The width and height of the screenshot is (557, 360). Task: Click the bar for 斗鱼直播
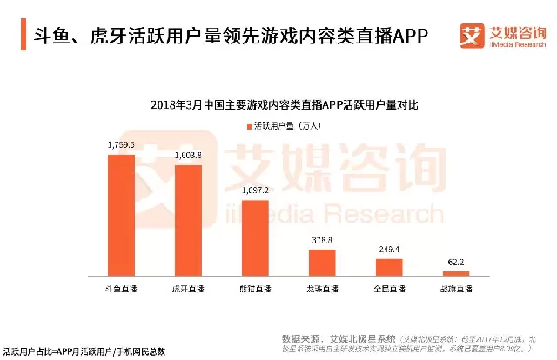coord(121,215)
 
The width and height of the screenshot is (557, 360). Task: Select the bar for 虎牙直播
coord(188,220)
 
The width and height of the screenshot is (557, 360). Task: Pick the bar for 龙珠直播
coord(322,263)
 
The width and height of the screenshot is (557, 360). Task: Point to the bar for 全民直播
coord(389,267)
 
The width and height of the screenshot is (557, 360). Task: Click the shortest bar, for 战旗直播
coord(456,273)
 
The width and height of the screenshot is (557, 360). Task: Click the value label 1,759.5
coord(121,145)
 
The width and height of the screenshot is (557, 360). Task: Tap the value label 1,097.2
coord(255,190)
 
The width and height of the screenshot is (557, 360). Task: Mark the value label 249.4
coord(389,249)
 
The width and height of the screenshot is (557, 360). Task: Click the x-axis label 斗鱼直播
coord(121,286)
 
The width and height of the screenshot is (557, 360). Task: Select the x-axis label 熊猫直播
coord(255,286)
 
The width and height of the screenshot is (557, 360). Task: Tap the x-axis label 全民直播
coord(389,286)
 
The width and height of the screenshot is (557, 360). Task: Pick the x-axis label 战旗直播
coord(456,286)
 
